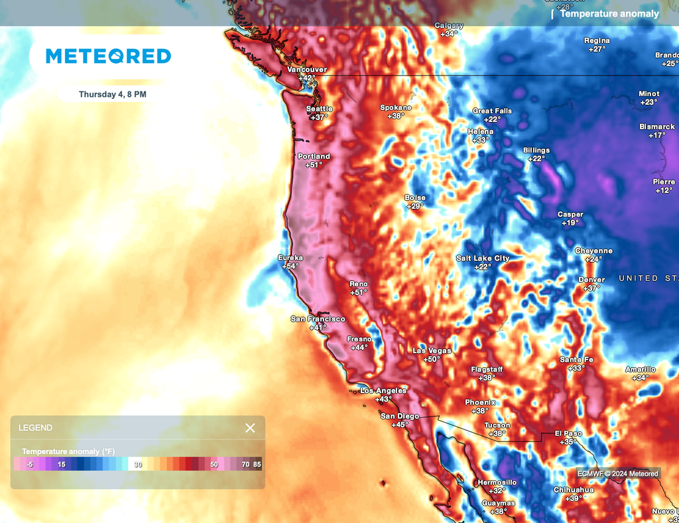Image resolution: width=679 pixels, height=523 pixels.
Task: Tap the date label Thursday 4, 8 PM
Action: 113,95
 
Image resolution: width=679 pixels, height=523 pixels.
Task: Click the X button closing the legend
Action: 250,428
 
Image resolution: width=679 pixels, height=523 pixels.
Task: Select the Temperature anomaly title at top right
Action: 609,13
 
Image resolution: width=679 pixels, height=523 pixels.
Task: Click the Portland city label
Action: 314,156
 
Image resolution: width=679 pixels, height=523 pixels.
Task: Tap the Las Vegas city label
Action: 432,351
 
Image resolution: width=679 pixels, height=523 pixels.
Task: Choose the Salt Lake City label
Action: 483,259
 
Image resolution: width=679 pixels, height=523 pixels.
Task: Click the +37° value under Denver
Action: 591,288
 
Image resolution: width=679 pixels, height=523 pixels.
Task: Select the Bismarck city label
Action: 657,127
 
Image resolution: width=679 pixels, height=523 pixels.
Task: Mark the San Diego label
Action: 399,416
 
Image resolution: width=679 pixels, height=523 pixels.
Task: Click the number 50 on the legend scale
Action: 214,465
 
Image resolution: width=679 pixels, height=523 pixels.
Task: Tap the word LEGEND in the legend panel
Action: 35,428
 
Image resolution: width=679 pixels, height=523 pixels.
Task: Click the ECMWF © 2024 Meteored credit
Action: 617,473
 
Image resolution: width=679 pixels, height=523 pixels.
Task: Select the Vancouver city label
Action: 306,70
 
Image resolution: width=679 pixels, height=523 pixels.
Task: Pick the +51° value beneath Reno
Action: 359,292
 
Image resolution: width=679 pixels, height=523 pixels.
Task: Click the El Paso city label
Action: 568,434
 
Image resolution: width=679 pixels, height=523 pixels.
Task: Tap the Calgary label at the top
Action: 449,26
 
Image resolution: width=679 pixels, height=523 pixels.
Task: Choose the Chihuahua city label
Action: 573,490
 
